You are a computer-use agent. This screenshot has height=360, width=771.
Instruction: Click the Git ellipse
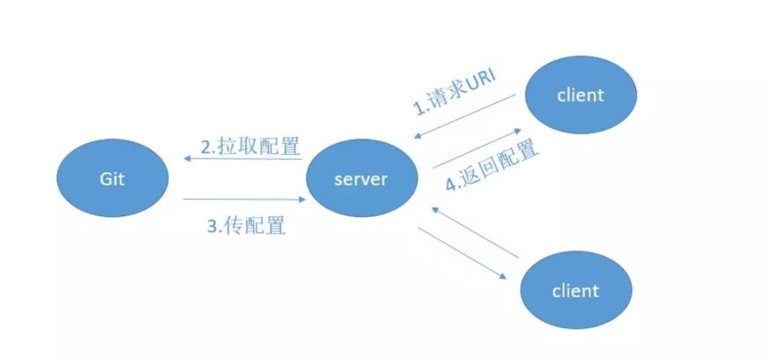click(x=113, y=179)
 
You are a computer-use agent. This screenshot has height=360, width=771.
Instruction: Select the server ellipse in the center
click(x=361, y=179)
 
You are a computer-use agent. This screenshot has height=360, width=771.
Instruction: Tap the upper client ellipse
click(x=580, y=95)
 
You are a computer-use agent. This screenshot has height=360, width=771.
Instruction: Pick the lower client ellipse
click(x=575, y=291)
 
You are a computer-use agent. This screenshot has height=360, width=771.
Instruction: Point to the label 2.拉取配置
click(x=250, y=147)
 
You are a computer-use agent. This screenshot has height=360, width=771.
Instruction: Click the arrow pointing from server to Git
click(x=243, y=159)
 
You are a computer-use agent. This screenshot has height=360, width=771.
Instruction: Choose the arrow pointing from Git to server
click(x=243, y=199)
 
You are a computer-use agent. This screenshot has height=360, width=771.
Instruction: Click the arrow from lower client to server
click(x=475, y=233)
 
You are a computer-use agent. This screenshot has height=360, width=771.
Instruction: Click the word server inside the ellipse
click(x=361, y=179)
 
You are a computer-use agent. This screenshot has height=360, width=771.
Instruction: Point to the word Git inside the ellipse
click(x=112, y=179)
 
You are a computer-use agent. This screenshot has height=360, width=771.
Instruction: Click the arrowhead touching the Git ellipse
click(x=187, y=159)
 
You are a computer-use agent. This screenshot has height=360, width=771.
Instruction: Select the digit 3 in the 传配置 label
click(x=212, y=226)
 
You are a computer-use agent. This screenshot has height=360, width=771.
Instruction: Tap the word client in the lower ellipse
click(x=575, y=291)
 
